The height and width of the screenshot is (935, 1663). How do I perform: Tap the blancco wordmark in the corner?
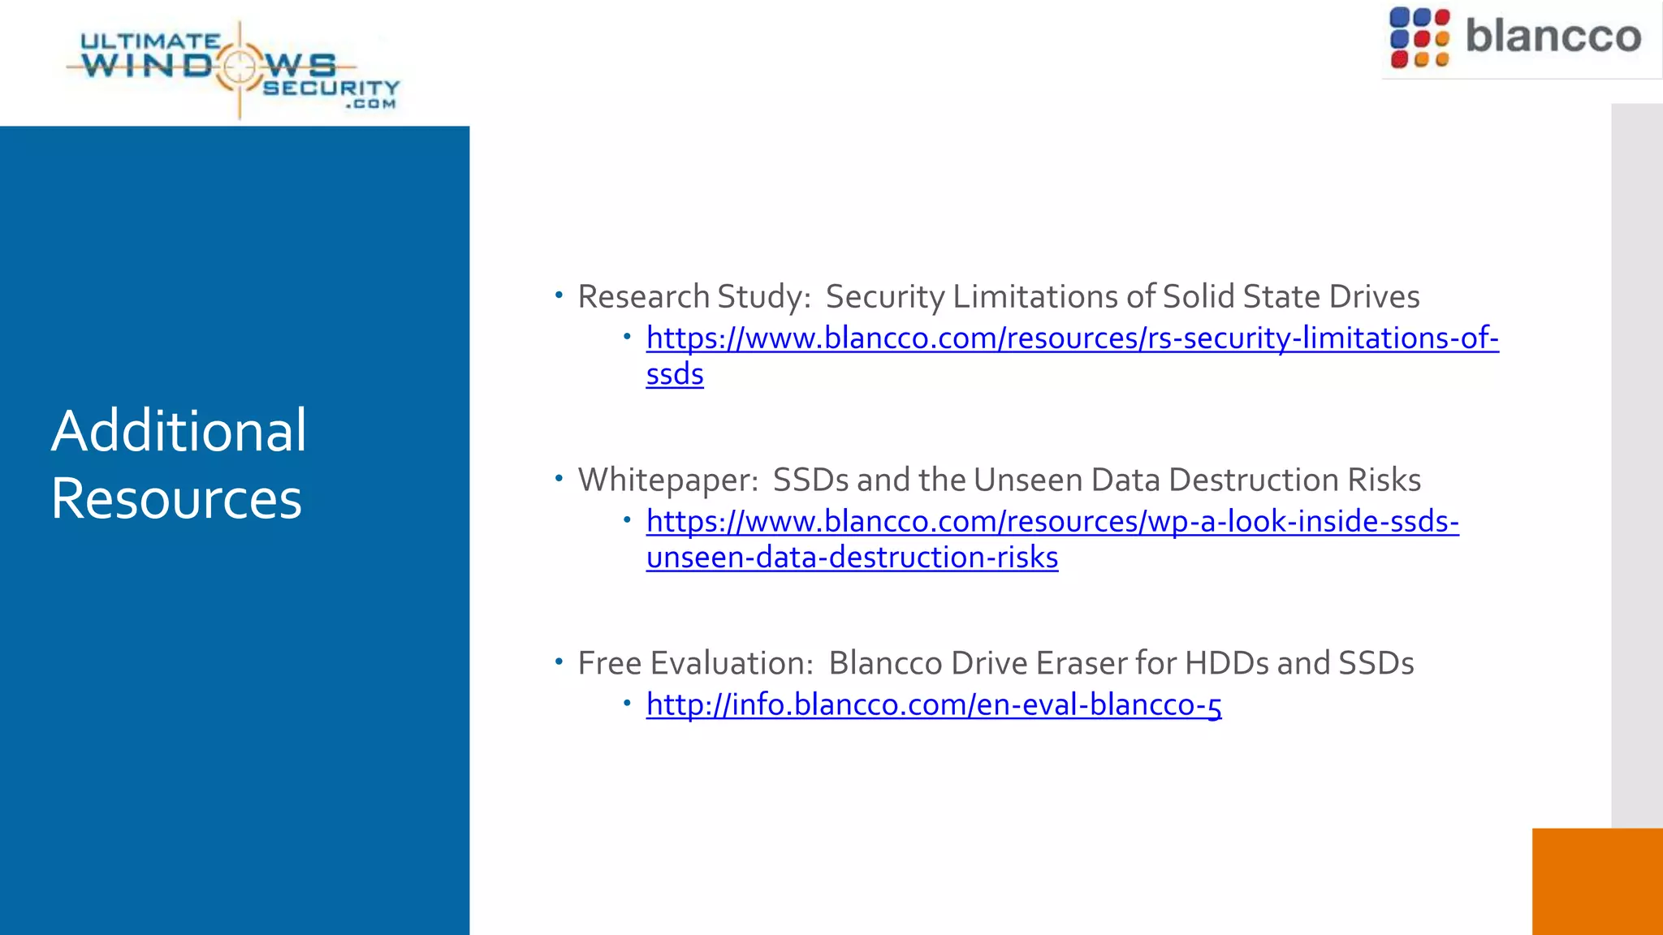[x=1553, y=37]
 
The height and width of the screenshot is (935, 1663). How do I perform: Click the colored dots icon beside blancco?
[x=1419, y=37]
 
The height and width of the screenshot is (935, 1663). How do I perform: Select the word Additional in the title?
[x=179, y=431]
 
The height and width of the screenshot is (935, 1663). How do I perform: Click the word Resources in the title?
[x=176, y=498]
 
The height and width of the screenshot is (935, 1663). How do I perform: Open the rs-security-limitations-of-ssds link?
[x=1072, y=338]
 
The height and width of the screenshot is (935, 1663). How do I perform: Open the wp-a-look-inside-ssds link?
[x=1052, y=522]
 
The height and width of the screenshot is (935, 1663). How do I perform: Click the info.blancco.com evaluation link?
[x=934, y=704]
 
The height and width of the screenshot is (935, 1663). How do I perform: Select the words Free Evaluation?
[x=695, y=664]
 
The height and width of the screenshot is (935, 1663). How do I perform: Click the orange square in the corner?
[x=1597, y=881]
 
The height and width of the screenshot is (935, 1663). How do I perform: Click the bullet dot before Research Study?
[x=559, y=295]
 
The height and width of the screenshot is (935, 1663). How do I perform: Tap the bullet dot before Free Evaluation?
[x=559, y=662]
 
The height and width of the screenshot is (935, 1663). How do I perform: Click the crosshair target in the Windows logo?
[x=240, y=67]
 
